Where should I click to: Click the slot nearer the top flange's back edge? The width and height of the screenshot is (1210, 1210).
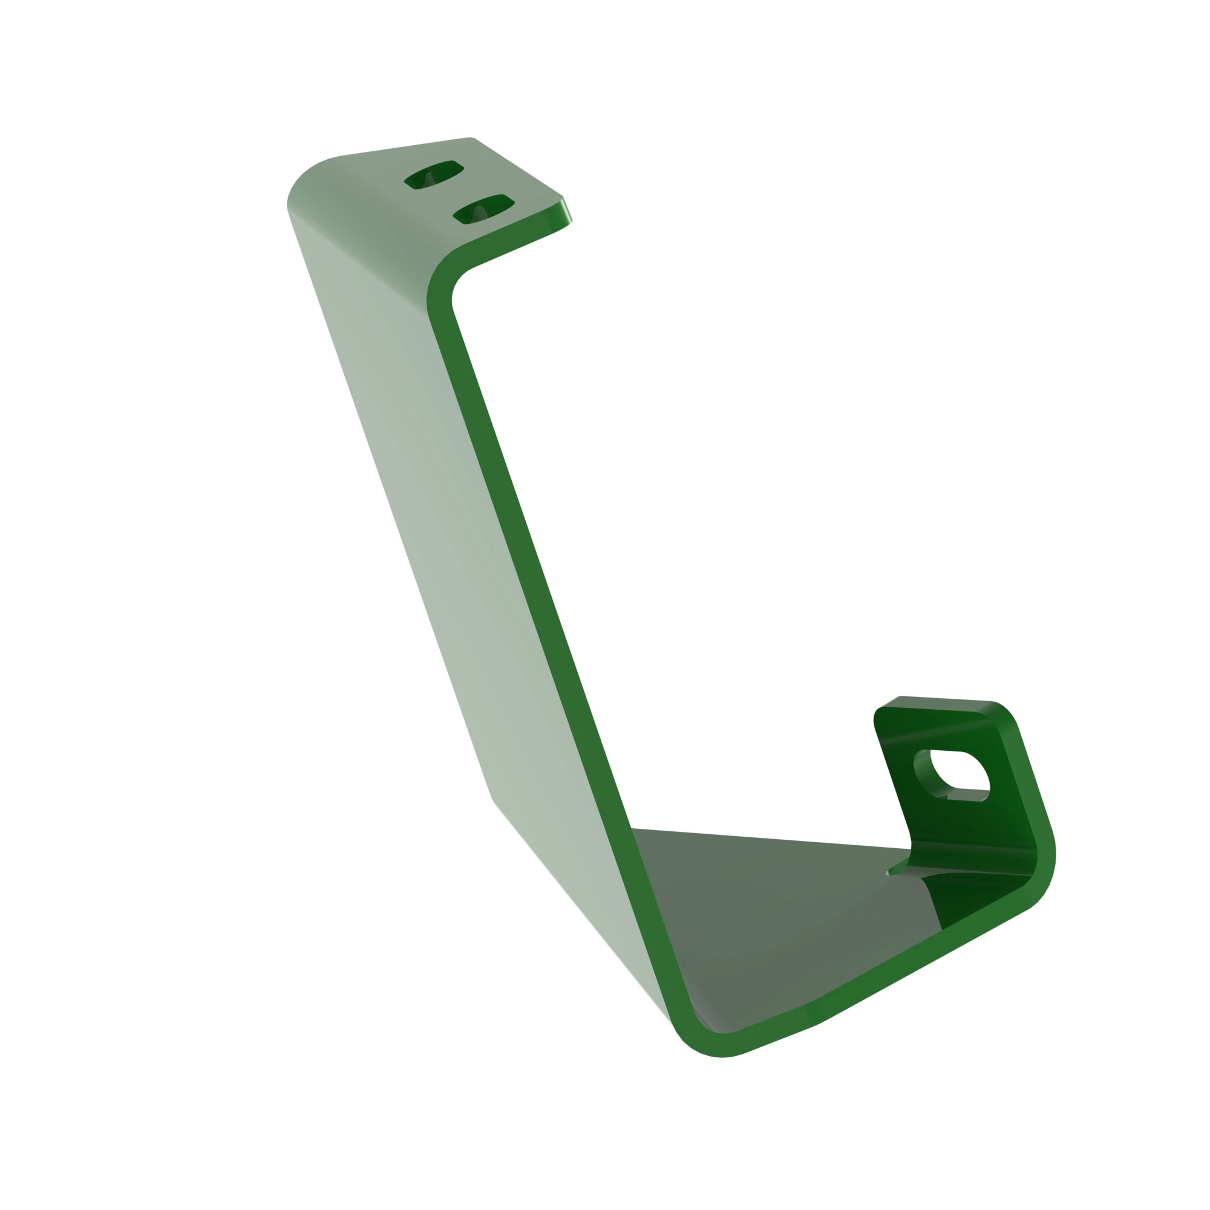pyautogui.click(x=433, y=174)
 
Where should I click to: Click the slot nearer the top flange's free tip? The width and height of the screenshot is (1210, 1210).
pyautogui.click(x=483, y=209)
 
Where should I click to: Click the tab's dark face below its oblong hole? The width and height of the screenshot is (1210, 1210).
pyautogui.click(x=977, y=826)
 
